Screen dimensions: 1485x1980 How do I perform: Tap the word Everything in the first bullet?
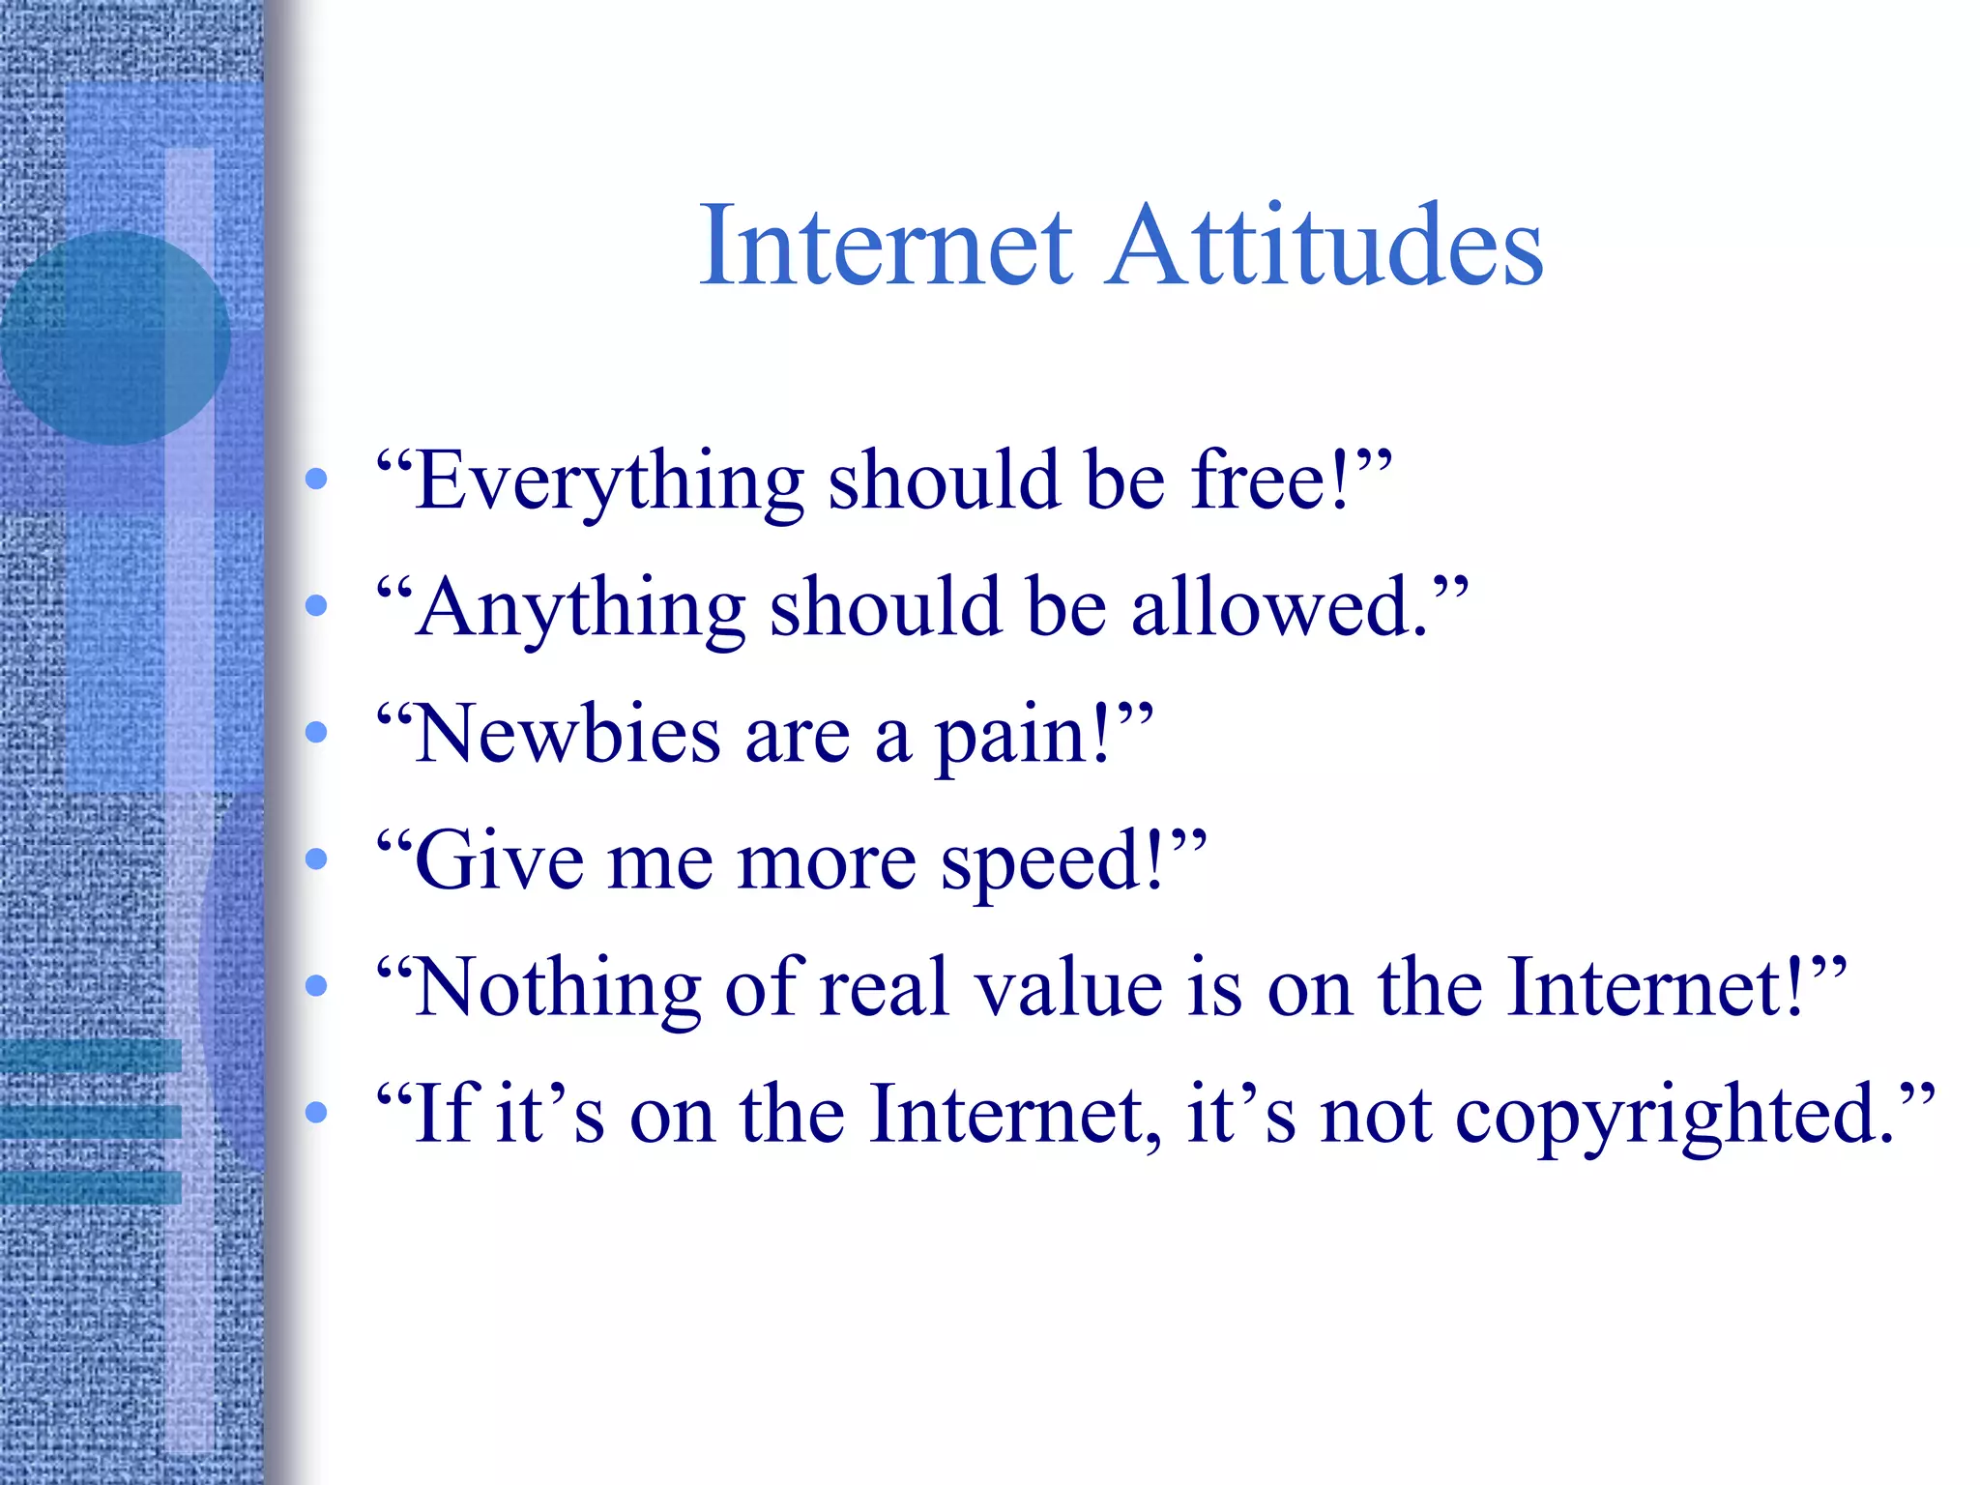coord(609,481)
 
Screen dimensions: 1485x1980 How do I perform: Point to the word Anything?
coord(580,608)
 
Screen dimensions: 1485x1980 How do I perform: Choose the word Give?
coord(499,860)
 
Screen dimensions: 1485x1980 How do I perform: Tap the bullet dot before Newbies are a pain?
coord(316,733)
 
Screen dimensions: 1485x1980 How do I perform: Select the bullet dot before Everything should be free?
coord(316,479)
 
